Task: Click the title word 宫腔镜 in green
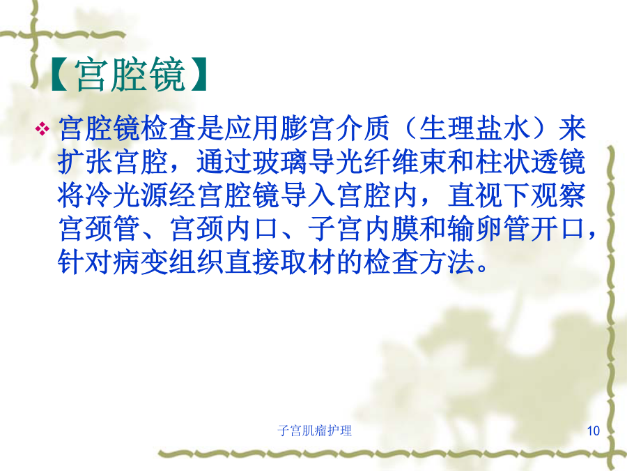(130, 75)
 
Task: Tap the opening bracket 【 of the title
(60, 75)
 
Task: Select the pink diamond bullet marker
(42, 129)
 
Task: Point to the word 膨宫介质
(334, 129)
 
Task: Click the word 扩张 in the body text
(85, 162)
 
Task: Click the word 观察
(559, 196)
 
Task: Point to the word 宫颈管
(99, 229)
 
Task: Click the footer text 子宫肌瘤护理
(315, 431)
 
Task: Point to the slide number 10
(593, 431)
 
